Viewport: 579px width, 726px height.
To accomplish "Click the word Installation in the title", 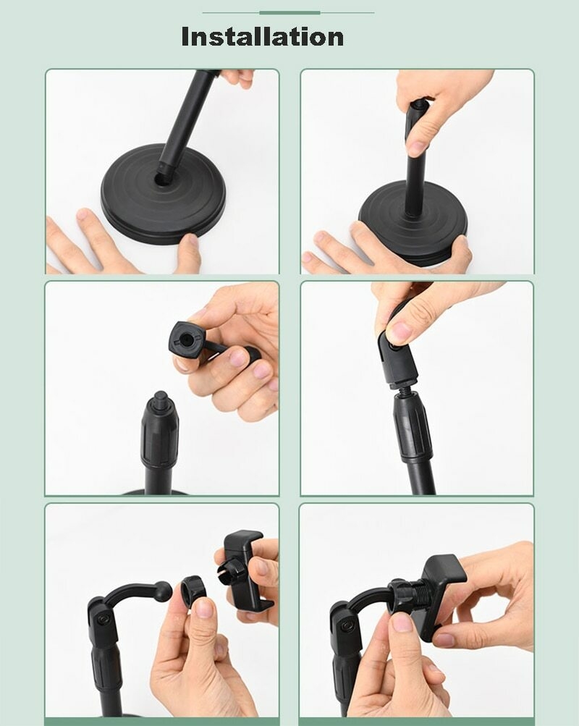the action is point(263,37).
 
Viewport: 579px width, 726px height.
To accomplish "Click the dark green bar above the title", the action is point(289,12).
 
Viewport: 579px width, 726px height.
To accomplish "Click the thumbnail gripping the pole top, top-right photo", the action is point(418,148).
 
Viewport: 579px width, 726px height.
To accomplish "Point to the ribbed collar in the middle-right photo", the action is point(413,429).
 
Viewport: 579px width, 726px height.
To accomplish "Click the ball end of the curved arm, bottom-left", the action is point(164,591).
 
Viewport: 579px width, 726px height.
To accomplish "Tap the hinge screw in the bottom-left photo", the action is point(103,620).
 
